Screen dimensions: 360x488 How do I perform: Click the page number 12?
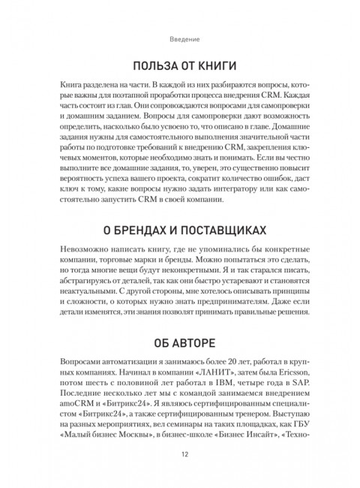tap(180, 453)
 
